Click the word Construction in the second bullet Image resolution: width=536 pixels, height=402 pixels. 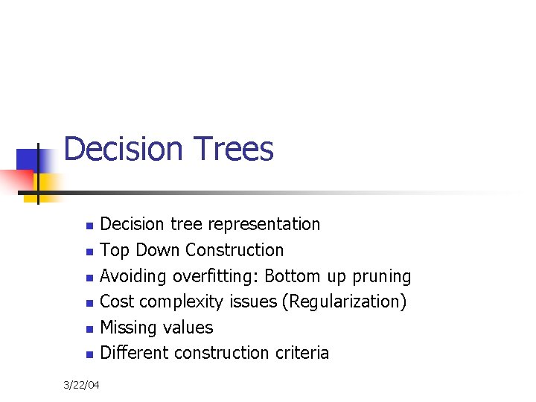coord(234,250)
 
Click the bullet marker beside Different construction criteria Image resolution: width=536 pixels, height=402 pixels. coord(89,354)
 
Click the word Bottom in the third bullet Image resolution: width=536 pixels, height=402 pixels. coord(293,276)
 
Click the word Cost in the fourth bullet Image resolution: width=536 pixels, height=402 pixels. coord(117,301)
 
